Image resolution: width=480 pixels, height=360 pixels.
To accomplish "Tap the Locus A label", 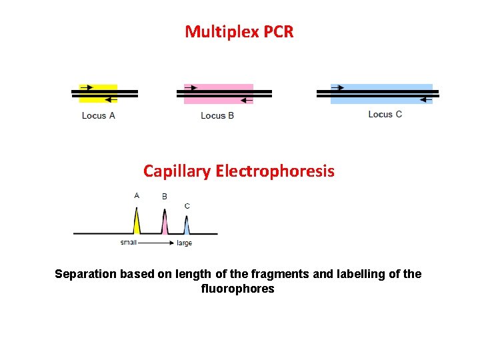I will click(x=99, y=115).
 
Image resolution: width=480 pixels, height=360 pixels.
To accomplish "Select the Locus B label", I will click(x=217, y=115).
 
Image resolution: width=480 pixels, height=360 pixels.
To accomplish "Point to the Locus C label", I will click(x=385, y=114).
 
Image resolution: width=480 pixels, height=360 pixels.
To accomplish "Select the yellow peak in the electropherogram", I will click(x=137, y=224).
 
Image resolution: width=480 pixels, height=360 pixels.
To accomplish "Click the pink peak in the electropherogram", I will click(x=164, y=225).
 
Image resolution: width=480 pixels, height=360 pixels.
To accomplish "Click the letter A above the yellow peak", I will click(x=137, y=195).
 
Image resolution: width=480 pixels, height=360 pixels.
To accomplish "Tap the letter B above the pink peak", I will click(x=165, y=197).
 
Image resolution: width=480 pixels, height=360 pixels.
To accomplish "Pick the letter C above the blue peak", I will click(x=187, y=206).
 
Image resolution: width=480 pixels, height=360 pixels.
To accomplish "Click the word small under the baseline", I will click(x=129, y=242).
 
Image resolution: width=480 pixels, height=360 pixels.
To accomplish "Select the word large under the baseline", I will click(x=185, y=243).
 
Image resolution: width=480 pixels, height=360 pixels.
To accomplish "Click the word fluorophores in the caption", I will click(x=237, y=289).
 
